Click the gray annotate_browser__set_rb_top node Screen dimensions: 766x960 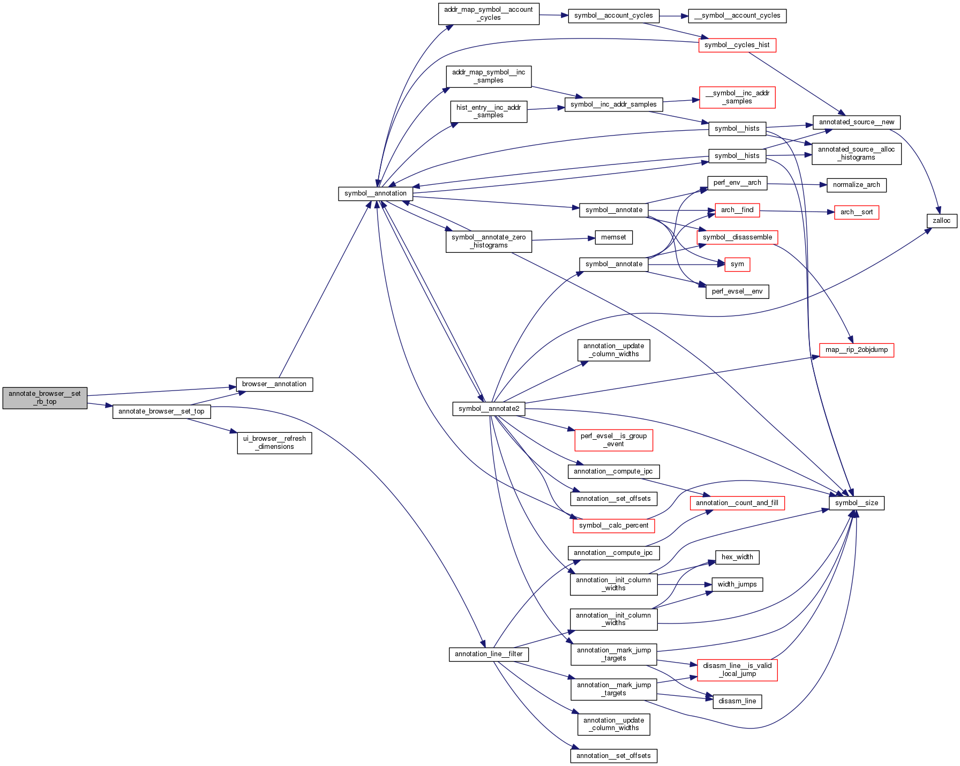point(44,398)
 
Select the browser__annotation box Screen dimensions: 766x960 point(274,384)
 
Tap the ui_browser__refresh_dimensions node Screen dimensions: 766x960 point(274,442)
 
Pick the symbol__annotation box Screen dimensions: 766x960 point(375,193)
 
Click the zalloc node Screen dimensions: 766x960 point(941,221)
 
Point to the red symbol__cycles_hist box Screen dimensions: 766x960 point(737,45)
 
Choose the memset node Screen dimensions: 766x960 point(613,237)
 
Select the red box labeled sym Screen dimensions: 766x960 point(737,264)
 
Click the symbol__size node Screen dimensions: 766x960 point(856,503)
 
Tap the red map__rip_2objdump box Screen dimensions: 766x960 point(856,350)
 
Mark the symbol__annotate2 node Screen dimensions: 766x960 point(489,409)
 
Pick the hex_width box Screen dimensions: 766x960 point(737,557)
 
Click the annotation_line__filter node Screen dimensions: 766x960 point(489,654)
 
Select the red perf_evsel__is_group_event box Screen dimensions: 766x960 point(613,440)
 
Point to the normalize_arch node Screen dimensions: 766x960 point(856,185)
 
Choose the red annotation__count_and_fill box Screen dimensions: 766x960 point(737,503)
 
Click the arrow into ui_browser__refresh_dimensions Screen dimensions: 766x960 point(212,426)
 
